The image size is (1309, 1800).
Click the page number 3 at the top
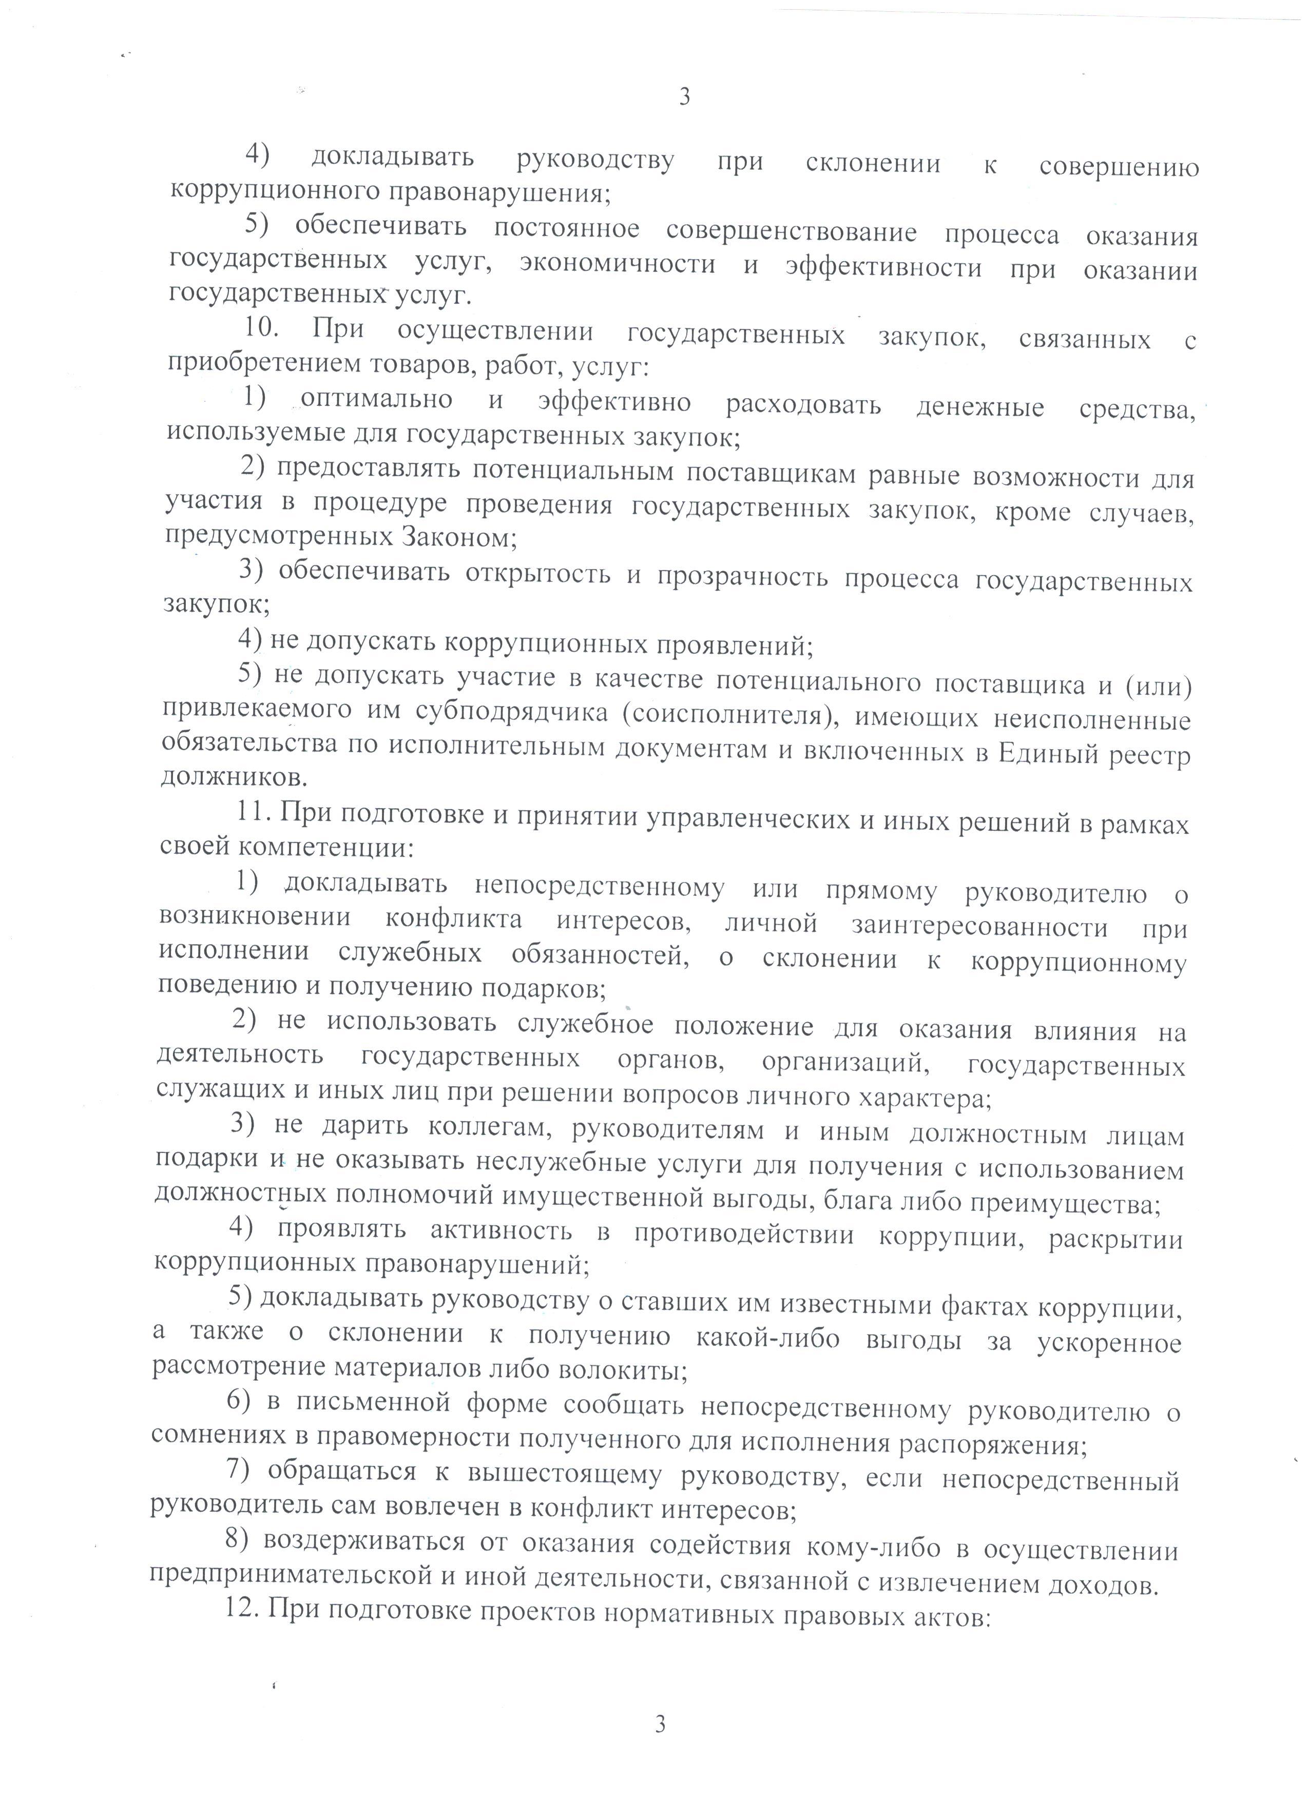[x=684, y=97]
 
